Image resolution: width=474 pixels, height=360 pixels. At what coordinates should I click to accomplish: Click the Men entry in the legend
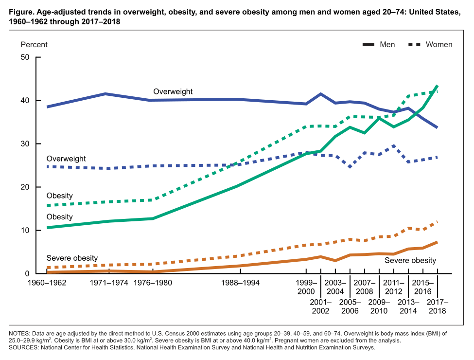(387, 45)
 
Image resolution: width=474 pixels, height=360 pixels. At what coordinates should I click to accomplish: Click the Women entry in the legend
(439, 45)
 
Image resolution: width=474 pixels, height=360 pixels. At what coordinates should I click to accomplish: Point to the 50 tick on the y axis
(25, 57)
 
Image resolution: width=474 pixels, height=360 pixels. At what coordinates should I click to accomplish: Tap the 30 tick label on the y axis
(25, 144)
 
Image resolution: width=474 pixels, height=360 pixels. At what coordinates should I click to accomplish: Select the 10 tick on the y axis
(25, 231)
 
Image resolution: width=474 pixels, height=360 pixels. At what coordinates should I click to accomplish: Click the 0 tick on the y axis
(27, 274)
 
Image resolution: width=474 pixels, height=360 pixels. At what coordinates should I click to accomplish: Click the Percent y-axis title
(34, 45)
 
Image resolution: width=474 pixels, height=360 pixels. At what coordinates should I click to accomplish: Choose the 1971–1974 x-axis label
(106, 283)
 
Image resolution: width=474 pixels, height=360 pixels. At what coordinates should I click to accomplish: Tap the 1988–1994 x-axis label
(237, 283)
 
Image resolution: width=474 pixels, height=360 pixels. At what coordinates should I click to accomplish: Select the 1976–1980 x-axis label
(153, 283)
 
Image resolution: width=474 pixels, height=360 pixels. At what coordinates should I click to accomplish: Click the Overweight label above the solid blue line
(173, 91)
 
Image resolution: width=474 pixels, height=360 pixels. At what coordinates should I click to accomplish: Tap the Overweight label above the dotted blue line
(66, 159)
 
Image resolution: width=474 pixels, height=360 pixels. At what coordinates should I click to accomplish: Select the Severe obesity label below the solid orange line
(410, 261)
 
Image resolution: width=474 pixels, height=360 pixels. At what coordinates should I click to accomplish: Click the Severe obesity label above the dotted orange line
(72, 258)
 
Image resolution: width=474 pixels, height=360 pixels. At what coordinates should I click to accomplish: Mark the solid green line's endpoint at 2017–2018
(438, 86)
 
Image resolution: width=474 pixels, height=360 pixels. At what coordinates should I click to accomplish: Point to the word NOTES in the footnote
(18, 333)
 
